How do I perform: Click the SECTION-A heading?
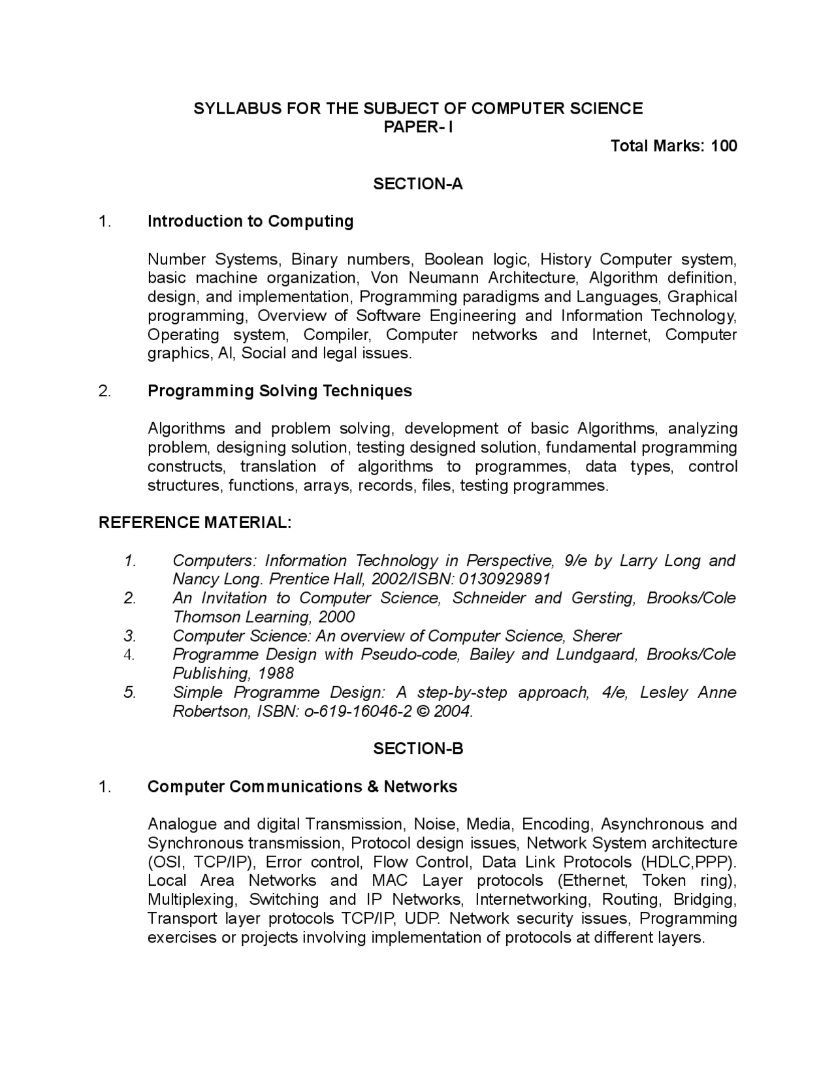(418, 184)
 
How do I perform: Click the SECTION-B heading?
(418, 749)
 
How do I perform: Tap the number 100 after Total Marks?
(724, 146)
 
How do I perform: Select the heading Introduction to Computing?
(250, 221)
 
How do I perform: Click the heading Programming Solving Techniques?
(280, 391)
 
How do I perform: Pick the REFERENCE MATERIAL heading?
(195, 523)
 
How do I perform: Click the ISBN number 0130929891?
(505, 580)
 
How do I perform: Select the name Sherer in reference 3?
(597, 636)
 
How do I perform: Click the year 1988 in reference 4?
(276, 674)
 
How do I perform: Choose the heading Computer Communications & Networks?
(302, 787)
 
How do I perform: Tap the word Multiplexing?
(191, 900)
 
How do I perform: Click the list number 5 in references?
(129, 693)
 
